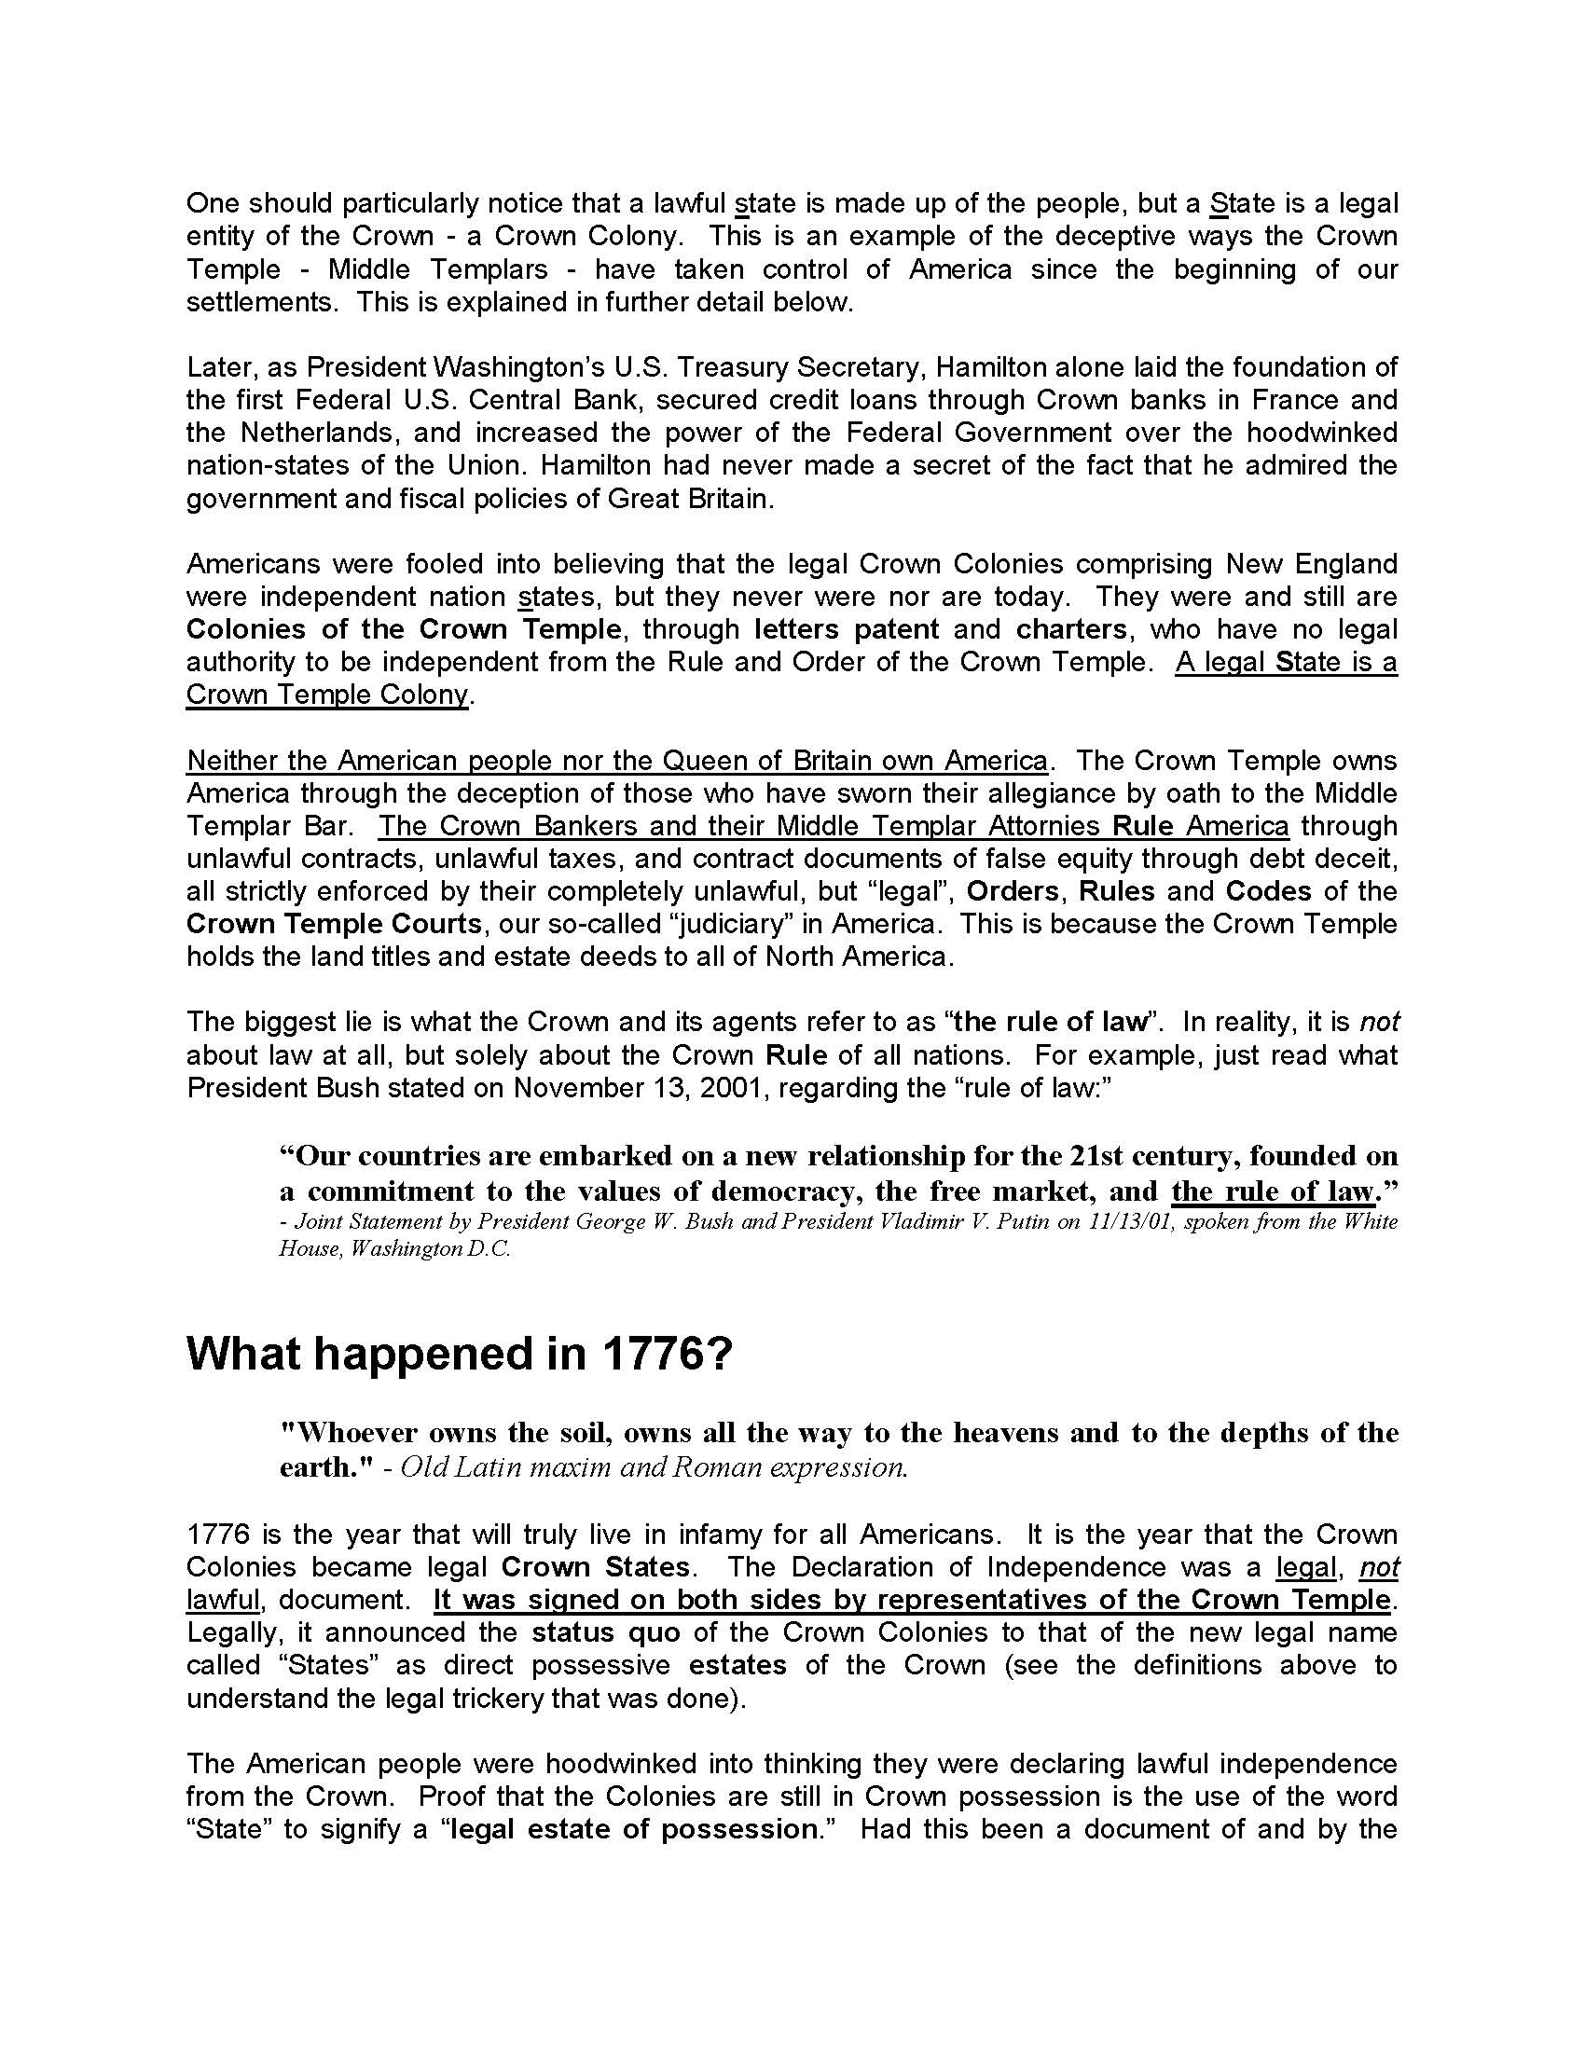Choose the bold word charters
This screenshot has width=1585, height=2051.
coord(1072,629)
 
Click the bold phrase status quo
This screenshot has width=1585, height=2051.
coord(606,1632)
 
